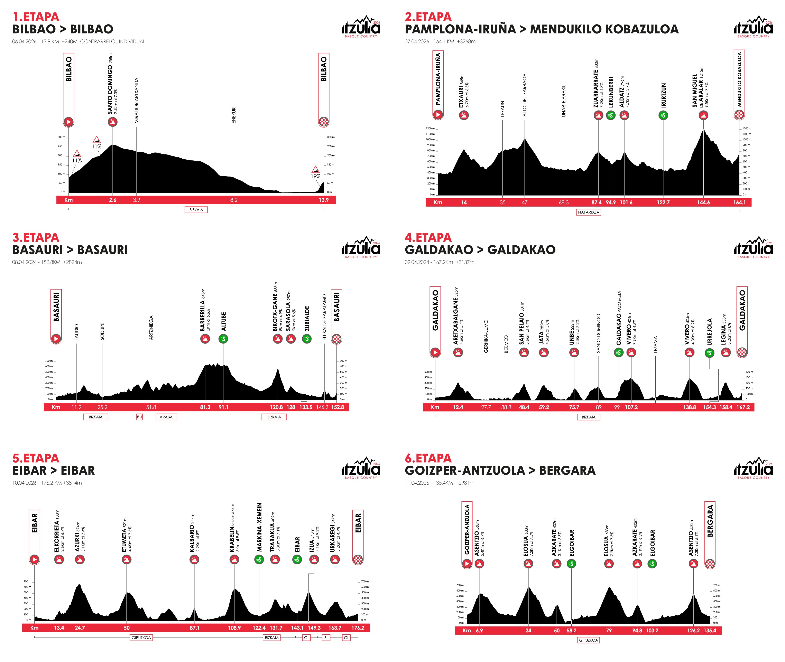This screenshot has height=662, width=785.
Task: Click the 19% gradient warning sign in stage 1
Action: [x=315, y=170]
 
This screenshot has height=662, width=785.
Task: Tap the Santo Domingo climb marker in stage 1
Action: [x=113, y=122]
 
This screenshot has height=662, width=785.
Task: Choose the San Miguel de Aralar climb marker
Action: [x=703, y=115]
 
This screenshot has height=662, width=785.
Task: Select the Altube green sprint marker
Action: [x=223, y=339]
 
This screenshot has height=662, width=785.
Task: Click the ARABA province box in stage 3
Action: [x=166, y=417]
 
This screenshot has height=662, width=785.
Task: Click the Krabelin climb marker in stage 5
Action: [x=234, y=560]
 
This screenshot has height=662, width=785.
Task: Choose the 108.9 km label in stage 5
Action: [x=234, y=628]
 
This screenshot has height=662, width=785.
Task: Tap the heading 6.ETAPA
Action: [x=428, y=458]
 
